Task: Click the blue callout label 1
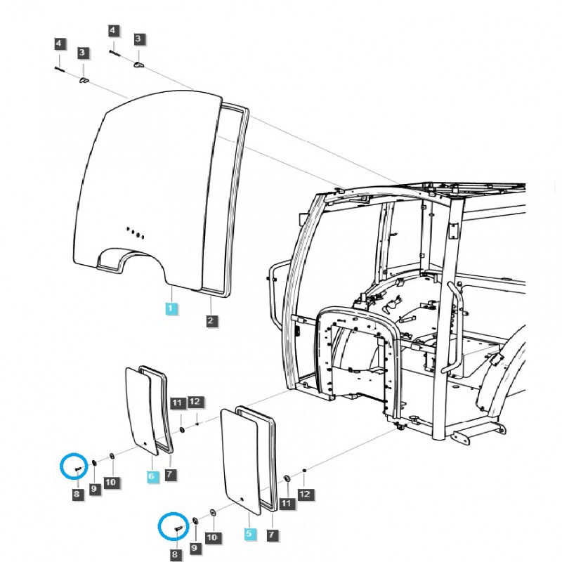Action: [171, 308]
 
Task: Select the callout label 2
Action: [211, 320]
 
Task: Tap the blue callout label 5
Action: [249, 534]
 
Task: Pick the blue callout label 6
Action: [152, 476]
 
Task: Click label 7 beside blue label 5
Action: [272, 535]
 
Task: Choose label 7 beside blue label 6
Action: [170, 475]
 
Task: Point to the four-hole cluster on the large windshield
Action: [136, 233]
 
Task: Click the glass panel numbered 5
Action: [241, 462]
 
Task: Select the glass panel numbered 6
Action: [142, 411]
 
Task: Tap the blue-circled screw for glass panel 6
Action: [79, 469]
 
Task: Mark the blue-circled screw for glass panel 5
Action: [178, 528]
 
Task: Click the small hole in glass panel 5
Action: [242, 499]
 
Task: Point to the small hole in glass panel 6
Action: [145, 444]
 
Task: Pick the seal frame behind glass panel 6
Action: [156, 410]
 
